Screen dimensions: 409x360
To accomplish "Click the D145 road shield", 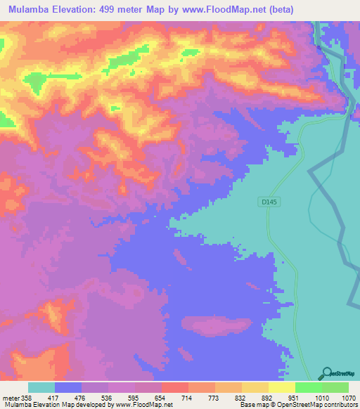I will [266, 202].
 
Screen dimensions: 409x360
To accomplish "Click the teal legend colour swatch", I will [41, 387].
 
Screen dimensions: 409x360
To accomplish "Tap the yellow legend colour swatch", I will [281, 387].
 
